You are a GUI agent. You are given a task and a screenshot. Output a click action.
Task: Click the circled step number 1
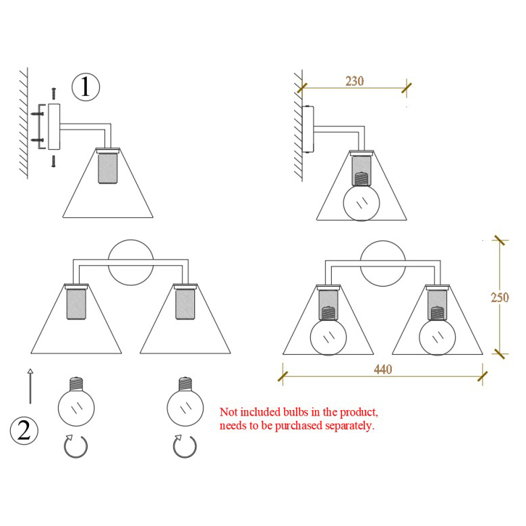pos(86,87)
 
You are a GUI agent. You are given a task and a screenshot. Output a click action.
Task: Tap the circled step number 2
pos(24,431)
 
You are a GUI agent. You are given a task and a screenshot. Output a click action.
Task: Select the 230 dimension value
pos(355,81)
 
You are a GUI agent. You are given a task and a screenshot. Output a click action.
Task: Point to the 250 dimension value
pos(500,297)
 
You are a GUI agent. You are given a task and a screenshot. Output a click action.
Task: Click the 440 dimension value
pos(383,370)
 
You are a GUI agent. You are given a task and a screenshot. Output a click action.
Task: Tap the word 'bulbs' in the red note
pos(295,412)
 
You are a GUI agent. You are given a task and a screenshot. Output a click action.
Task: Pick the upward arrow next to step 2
pos(30,386)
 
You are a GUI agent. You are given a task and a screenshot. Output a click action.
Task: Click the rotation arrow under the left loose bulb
pos(76,446)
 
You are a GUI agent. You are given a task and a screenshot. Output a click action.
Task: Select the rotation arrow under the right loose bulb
pos(185,446)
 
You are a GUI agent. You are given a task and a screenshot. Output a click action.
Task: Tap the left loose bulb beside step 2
pos(76,402)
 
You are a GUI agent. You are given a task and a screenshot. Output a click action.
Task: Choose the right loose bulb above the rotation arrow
pos(185,402)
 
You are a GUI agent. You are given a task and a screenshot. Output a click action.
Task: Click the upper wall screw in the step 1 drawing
pos(37,114)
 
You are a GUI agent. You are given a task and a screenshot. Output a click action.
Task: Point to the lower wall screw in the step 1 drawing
pos(37,140)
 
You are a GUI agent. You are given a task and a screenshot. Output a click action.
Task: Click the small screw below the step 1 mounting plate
pos(53,161)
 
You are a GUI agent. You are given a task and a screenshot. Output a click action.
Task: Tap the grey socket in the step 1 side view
pos(108,168)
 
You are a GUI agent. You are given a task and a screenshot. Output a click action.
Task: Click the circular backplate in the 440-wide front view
pos(383,264)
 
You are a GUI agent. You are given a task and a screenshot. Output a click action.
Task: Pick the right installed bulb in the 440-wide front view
pos(438,331)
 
